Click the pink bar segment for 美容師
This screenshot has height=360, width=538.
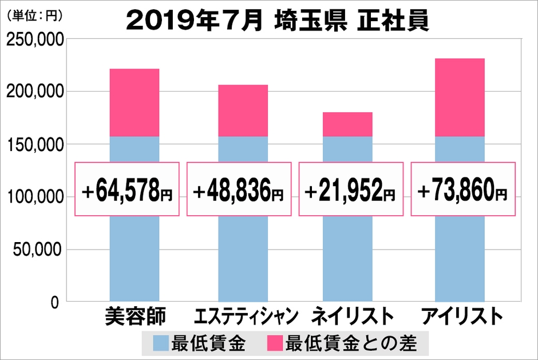click(134, 102)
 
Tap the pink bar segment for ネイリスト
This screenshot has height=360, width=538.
click(347, 124)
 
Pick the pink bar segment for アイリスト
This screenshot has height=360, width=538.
click(460, 97)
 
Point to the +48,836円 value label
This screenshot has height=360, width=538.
click(239, 189)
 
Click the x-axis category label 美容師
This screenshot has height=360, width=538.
click(135, 317)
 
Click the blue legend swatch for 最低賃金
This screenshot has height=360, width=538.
click(161, 344)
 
